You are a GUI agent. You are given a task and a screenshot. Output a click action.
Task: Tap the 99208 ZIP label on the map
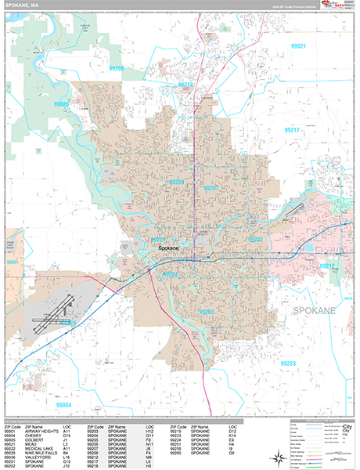[117, 69]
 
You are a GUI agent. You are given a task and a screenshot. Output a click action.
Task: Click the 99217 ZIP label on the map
[292, 129]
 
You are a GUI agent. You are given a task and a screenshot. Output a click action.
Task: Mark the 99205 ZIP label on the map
[176, 183]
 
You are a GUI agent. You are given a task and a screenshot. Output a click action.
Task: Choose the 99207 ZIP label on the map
[210, 189]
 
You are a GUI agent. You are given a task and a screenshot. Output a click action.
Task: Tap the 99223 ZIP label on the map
[287, 363]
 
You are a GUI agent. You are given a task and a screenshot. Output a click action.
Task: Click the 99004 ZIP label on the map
[64, 405]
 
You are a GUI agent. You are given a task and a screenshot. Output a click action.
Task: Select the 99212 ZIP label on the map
[326, 266]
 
